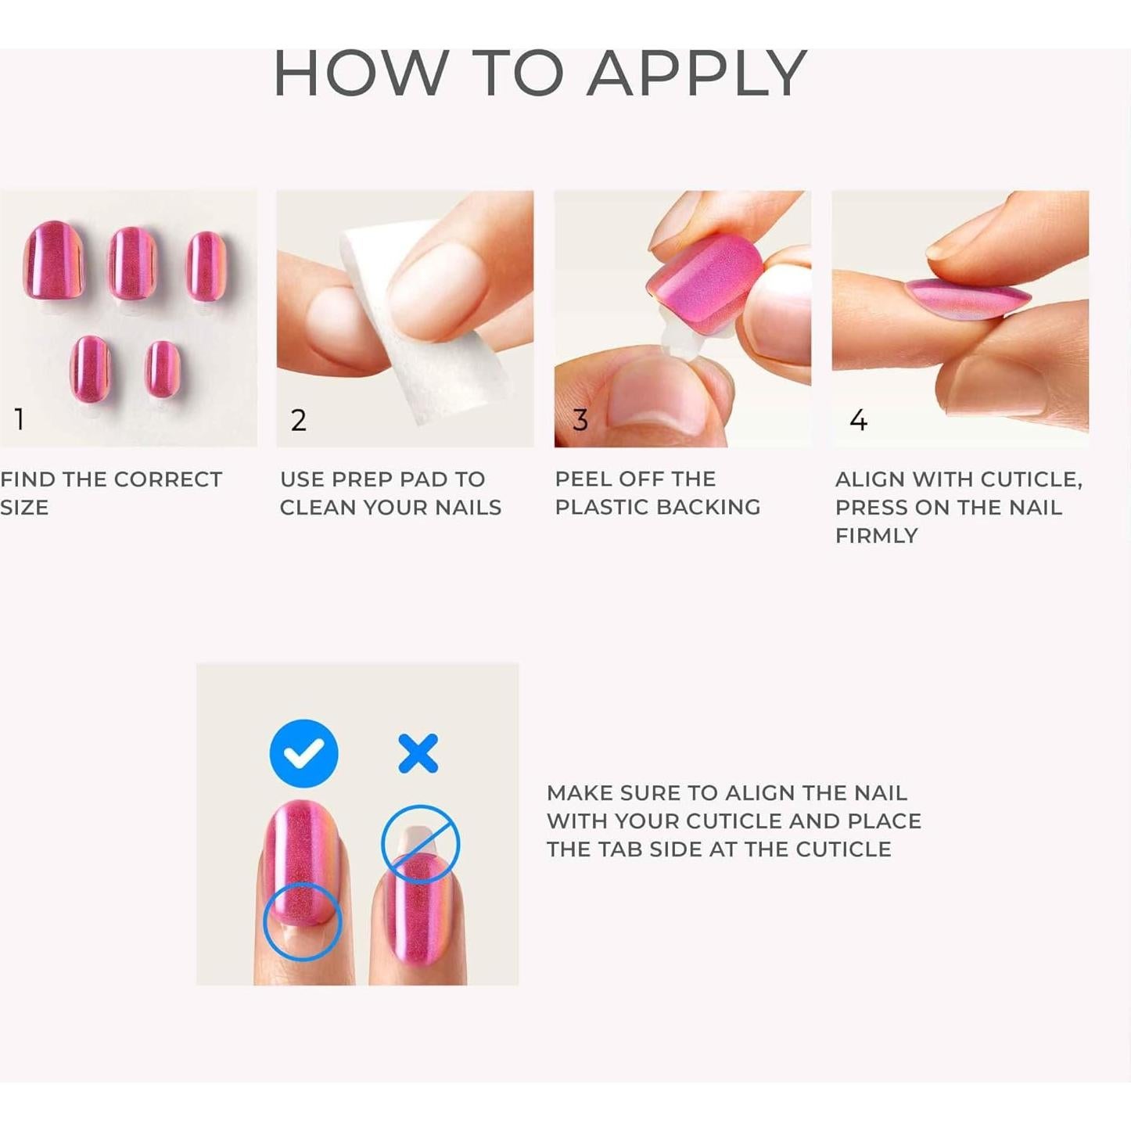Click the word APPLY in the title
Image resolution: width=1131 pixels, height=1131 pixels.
(696, 74)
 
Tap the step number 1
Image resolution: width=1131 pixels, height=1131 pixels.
(20, 420)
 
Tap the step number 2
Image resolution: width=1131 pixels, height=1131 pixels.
(298, 421)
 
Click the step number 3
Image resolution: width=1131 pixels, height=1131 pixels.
(580, 421)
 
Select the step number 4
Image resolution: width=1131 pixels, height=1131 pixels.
(858, 421)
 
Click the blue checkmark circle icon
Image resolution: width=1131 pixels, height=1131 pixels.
(303, 753)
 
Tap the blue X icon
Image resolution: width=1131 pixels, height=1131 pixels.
(418, 753)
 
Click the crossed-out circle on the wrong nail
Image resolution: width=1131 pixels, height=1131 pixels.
(420, 844)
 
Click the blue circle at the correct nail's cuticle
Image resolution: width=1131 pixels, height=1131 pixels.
(302, 921)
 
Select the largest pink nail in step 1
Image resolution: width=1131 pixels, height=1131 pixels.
(53, 260)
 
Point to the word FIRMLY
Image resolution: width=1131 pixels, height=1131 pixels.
(876, 536)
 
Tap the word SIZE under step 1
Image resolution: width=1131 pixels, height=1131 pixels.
(24, 508)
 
